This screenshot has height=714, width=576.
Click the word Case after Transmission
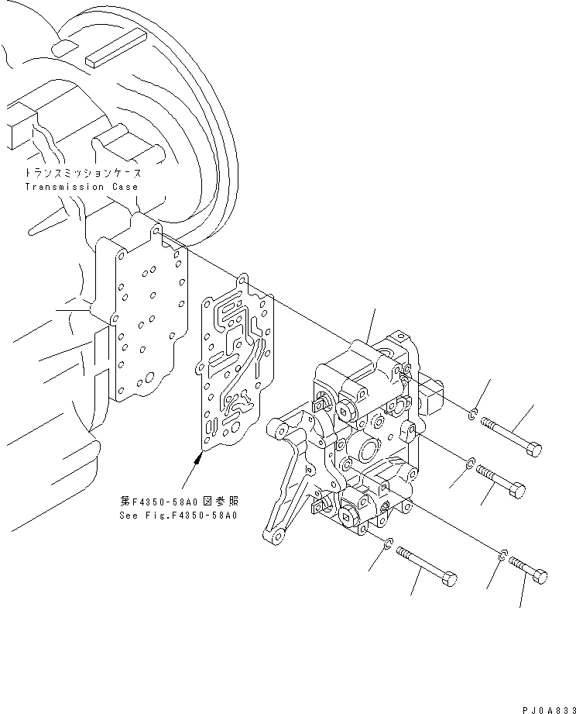coord(124,187)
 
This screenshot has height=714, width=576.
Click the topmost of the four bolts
coord(510,436)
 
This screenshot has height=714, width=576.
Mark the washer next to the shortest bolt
coord(502,554)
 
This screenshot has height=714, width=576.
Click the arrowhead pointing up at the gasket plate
coord(199,459)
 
